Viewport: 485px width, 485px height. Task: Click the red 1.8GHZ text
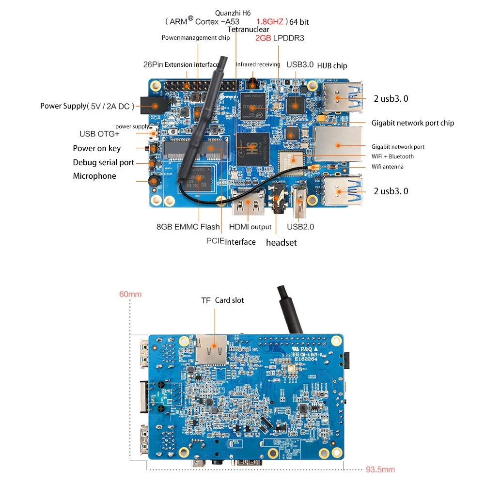pos(270,21)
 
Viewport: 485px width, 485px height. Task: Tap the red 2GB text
pos(263,38)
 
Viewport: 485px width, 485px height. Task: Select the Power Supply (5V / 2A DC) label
pos(85,106)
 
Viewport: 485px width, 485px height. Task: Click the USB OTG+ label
pos(99,134)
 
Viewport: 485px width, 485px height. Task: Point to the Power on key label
pos(96,148)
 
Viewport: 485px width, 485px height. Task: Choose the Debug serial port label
pos(103,162)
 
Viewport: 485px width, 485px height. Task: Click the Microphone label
pos(94,176)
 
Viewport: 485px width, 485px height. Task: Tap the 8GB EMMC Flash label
pos(188,226)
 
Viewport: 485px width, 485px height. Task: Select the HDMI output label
pos(250,227)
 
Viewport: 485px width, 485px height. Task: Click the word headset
pos(281,242)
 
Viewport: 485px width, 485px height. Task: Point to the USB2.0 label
pos(300,226)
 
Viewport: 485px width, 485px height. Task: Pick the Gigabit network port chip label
pos(413,123)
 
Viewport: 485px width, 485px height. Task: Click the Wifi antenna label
pos(387,167)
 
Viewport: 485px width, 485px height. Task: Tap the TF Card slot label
pos(222,300)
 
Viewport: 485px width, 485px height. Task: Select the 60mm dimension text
pos(130,294)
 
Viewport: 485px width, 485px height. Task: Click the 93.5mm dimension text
pos(380,469)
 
